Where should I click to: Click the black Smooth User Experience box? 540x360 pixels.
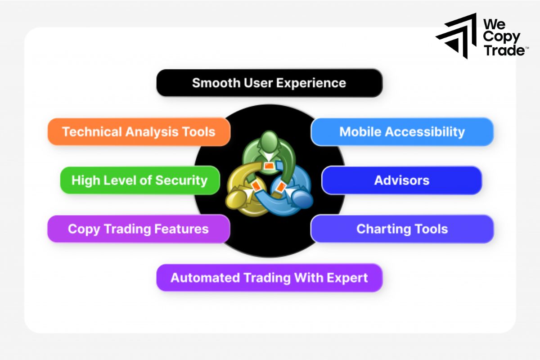click(269, 83)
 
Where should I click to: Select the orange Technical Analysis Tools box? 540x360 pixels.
click(139, 132)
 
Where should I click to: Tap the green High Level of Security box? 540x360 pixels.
click(139, 180)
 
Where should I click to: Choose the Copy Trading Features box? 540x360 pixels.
click(138, 229)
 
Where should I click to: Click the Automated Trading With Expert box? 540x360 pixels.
click(269, 277)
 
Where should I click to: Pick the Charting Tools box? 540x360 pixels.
click(402, 229)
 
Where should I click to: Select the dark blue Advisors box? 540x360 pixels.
click(402, 180)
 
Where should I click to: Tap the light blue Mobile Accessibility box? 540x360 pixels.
click(402, 132)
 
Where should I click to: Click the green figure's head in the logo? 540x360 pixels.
click(269, 140)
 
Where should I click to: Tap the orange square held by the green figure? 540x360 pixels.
click(269, 166)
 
